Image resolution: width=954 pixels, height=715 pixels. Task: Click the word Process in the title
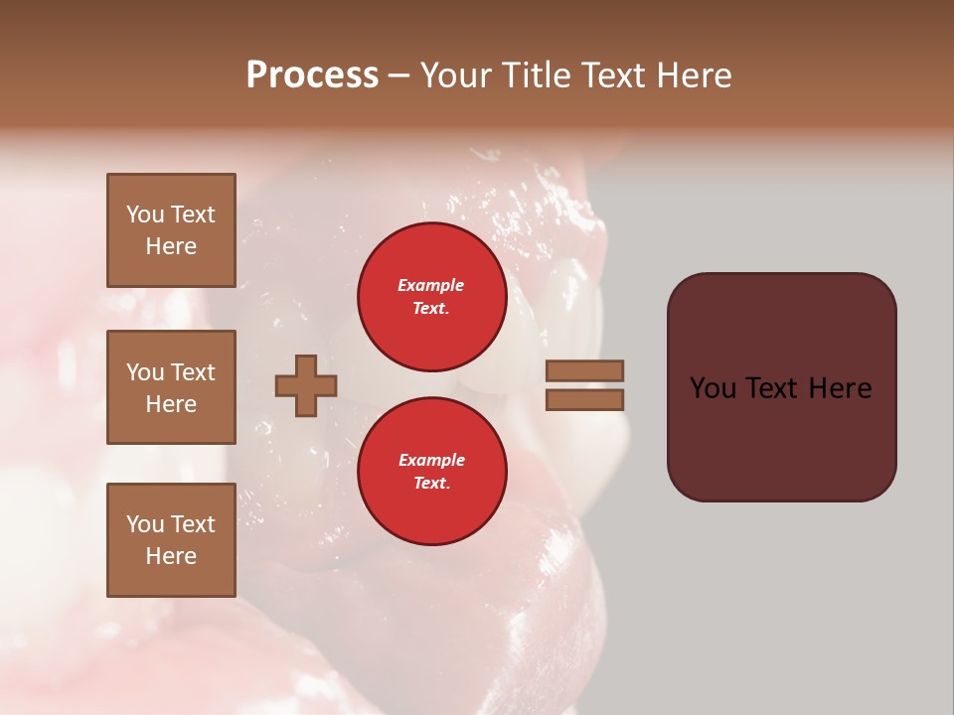click(312, 75)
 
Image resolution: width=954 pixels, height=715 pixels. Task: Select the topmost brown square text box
click(171, 230)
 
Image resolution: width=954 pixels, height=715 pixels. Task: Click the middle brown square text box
click(171, 387)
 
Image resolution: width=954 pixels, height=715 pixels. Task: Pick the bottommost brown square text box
click(171, 540)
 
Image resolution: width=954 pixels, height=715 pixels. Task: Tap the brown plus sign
click(306, 385)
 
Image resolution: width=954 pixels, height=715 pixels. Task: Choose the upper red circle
click(431, 297)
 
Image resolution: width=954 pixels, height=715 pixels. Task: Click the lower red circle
click(431, 472)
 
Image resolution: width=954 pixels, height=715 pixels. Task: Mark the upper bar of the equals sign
click(584, 370)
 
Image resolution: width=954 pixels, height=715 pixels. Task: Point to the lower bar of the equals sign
click(584, 400)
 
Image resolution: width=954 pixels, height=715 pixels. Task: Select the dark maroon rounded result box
click(781, 386)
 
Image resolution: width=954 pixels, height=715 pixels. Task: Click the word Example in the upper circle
click(431, 285)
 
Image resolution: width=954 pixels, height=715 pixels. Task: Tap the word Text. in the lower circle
click(431, 484)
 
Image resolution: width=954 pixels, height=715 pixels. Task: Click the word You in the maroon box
click(713, 388)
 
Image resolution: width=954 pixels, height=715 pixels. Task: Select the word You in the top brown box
click(145, 214)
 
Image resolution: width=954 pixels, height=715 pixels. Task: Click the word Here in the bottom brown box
click(171, 556)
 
